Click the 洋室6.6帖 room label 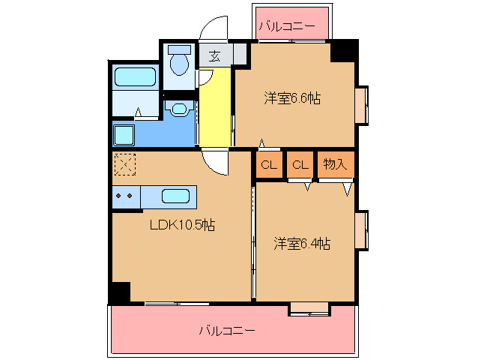click(291, 97)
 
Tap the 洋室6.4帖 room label click(302, 243)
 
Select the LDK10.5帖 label click(182, 225)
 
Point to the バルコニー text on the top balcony click(287, 27)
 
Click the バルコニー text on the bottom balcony click(227, 330)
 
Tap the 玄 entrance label click(214, 55)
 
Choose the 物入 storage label click(335, 164)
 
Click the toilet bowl click(180, 62)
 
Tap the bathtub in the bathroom click(135, 78)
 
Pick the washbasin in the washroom click(179, 109)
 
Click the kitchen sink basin click(175, 196)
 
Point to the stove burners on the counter click(124, 196)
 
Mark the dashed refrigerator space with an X click(124, 164)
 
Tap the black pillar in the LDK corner click(120, 292)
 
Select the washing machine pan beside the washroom click(124, 135)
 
